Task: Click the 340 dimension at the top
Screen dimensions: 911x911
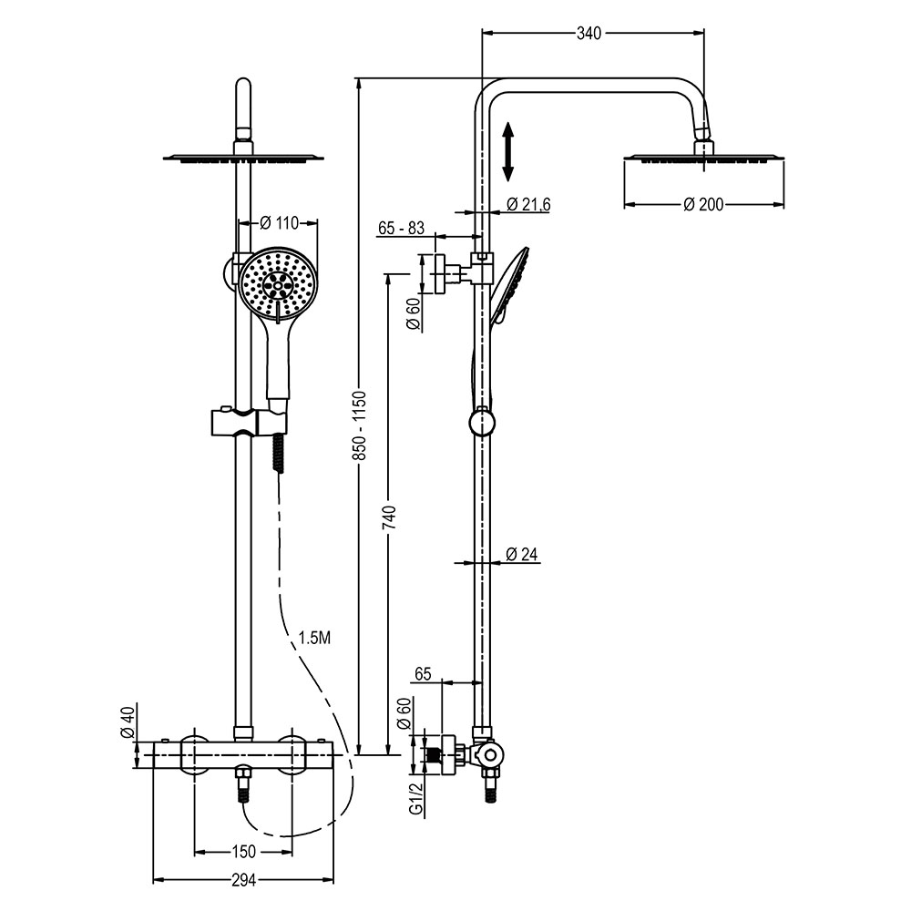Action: click(x=589, y=34)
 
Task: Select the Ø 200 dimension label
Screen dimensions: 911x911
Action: click(x=703, y=204)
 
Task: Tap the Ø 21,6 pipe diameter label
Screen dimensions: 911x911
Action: click(x=527, y=204)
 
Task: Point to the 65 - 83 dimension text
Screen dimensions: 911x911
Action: click(x=400, y=229)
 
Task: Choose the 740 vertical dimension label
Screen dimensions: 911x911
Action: click(x=389, y=517)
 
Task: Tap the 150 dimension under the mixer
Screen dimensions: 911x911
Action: click(x=242, y=852)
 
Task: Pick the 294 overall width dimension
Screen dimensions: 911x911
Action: click(x=242, y=880)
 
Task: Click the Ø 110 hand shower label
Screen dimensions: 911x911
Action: click(x=280, y=221)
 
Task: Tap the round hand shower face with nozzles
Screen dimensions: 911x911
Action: click(x=279, y=283)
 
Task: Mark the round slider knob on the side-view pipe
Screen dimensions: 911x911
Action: click(x=481, y=422)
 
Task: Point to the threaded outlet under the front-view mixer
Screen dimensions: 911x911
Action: click(x=243, y=784)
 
